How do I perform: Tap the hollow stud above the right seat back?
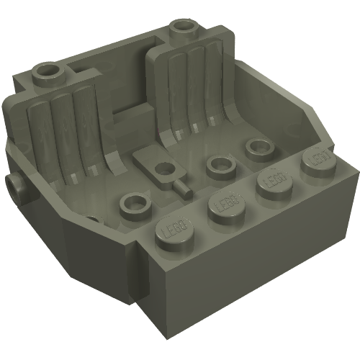[183, 30]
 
